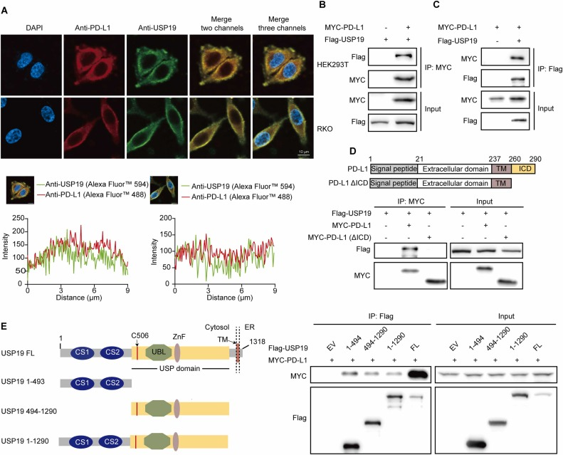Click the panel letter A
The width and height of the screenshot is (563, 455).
click(5, 6)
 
